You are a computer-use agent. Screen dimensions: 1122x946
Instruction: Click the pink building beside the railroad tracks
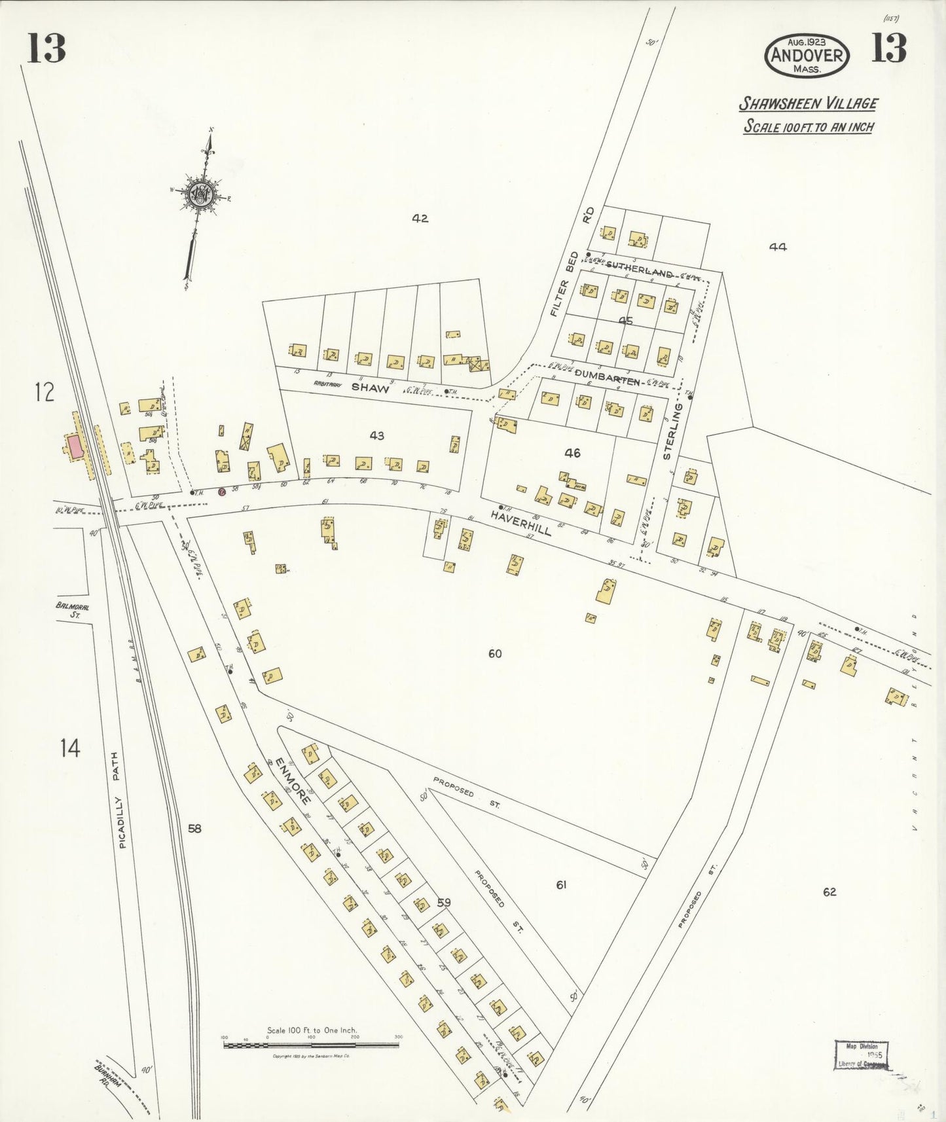[x=75, y=447]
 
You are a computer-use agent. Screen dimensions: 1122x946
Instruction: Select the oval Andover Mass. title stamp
[x=807, y=55]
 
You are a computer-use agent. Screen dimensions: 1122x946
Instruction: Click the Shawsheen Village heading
[x=809, y=104]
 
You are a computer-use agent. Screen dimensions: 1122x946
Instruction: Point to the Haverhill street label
[x=522, y=523]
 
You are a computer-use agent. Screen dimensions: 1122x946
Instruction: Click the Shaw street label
[x=371, y=388]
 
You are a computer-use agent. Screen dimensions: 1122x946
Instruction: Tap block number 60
[x=495, y=653]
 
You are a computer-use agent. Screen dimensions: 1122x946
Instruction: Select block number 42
[x=420, y=219]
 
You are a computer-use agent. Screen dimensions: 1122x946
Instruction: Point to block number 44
[x=778, y=247]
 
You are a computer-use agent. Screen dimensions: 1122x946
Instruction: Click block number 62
[x=829, y=892]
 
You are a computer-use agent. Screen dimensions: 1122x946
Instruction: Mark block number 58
[x=194, y=829]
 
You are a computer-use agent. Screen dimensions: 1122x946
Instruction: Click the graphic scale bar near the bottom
[x=311, y=1046]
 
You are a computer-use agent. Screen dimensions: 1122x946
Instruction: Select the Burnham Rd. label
[x=102, y=1074]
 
